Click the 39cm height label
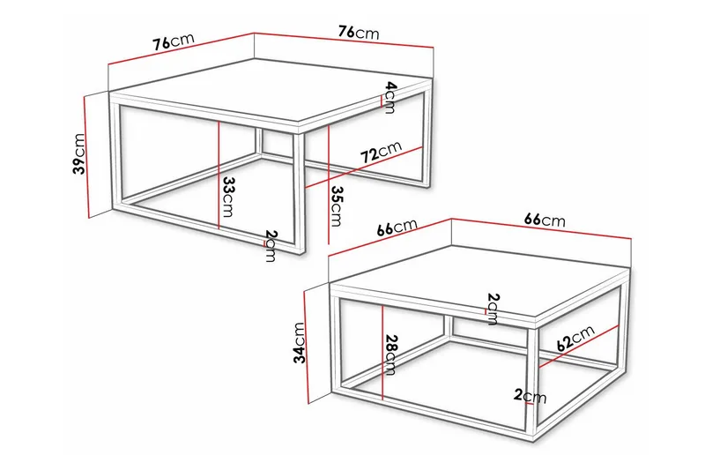[x=80, y=154]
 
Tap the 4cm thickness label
[x=389, y=97]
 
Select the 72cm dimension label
[x=380, y=153]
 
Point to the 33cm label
[x=227, y=198]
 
